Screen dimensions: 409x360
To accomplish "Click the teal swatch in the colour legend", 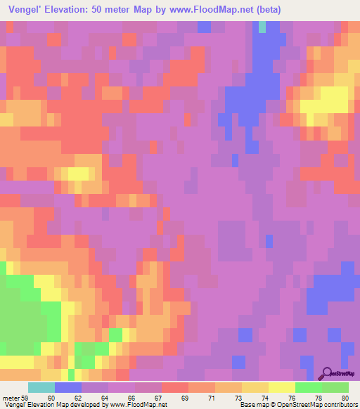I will coord(41,387).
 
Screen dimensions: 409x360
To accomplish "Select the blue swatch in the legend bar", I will coord(67,387).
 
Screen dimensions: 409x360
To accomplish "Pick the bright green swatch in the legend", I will coord(308,387).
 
